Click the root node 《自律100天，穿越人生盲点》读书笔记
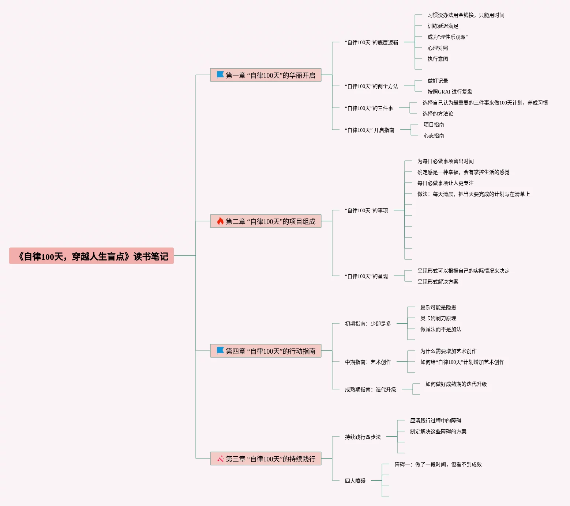coord(91,256)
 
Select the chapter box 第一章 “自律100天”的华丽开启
coord(266,75)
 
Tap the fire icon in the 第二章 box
coord(220,221)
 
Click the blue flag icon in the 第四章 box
coord(220,351)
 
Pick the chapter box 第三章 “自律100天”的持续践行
coord(266,459)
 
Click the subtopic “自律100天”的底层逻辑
coord(371,42)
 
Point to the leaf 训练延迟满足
coord(443,26)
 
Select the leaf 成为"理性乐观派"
coord(447,37)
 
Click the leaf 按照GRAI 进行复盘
coord(450,92)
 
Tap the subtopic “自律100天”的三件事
coord(369,108)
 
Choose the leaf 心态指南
coord(434,136)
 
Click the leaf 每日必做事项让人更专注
coord(445,183)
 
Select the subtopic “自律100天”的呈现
coord(366,276)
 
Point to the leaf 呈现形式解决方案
coord(438,282)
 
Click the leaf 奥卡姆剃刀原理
coord(438,318)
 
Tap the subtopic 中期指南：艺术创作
coord(368,362)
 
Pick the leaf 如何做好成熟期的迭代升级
coord(456,384)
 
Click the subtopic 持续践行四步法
coord(363,437)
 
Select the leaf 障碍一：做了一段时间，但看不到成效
coord(438,464)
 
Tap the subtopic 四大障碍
coord(355,481)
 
